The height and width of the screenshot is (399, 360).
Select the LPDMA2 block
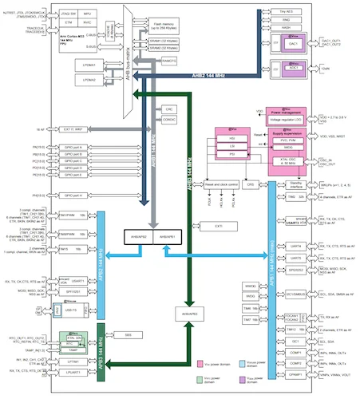tap(89, 80)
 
